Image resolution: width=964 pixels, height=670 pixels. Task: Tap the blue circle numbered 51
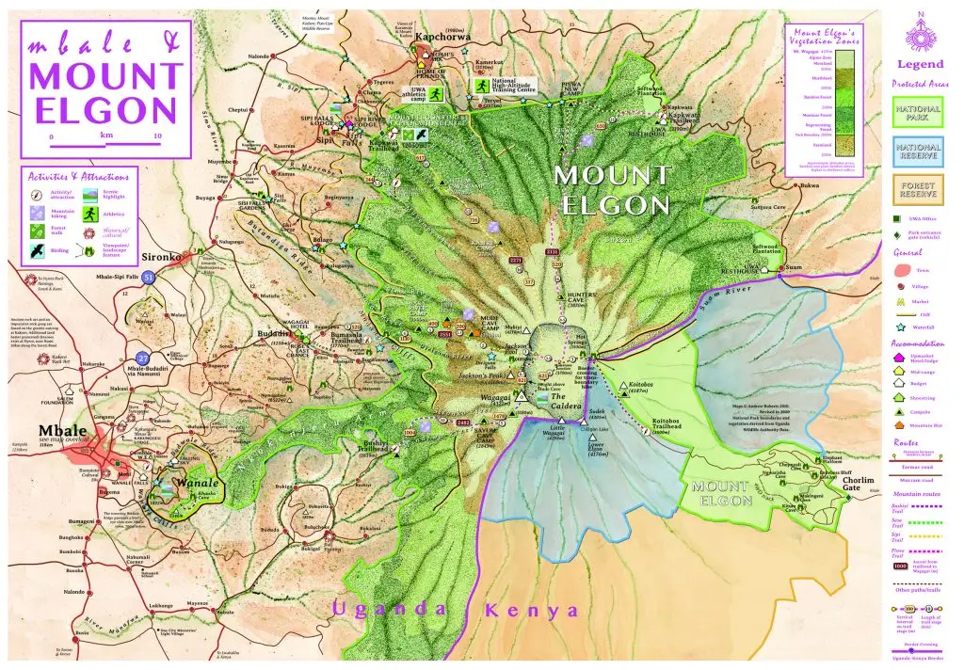pos(149,277)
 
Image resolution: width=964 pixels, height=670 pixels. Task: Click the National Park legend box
pos(918,116)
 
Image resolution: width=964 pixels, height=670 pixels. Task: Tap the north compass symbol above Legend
pos(920,34)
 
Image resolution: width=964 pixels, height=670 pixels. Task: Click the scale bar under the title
pos(105,145)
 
